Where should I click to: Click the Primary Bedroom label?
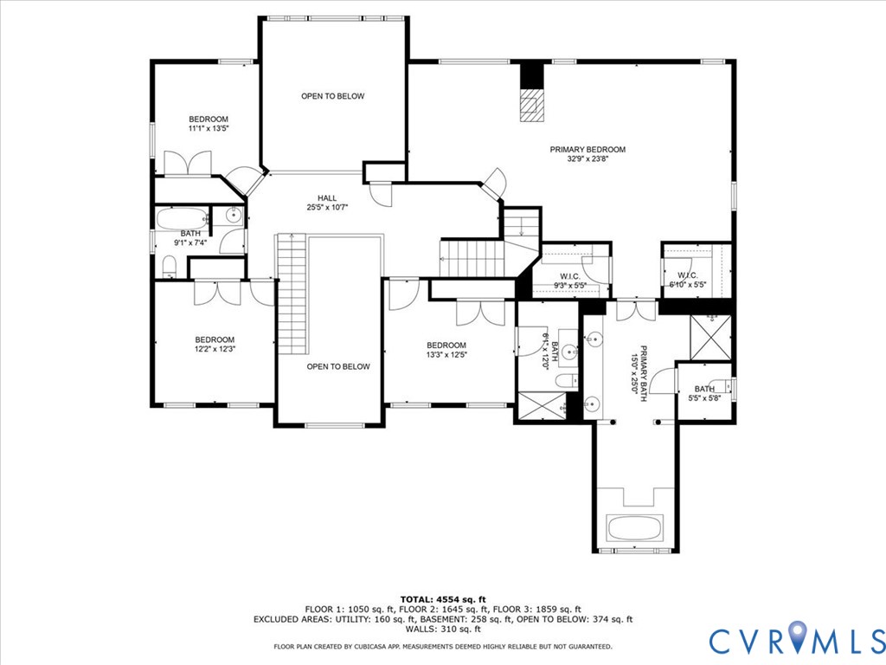tap(587, 150)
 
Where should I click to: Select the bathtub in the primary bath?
tap(634, 527)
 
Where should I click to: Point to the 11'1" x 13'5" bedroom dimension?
tap(209, 129)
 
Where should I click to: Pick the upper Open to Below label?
tap(332, 96)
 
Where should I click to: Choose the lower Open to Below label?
tap(338, 366)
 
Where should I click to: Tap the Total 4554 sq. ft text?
tap(443, 599)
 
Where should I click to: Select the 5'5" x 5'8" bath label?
tap(703, 394)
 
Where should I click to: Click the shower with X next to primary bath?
tap(711, 336)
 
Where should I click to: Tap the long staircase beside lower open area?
tap(292, 294)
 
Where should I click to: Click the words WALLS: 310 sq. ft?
tap(443, 629)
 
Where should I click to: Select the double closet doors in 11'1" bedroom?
tap(188, 164)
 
